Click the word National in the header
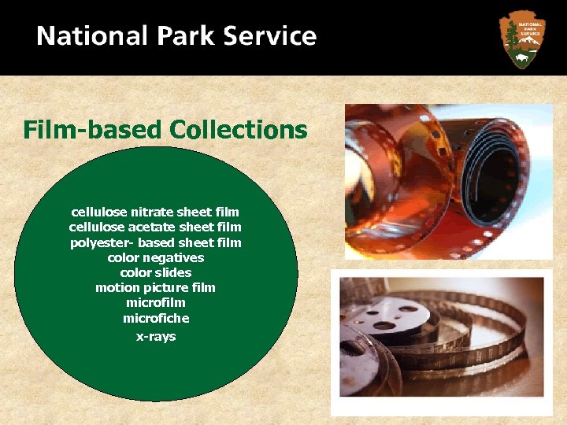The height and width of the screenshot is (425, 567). [92, 36]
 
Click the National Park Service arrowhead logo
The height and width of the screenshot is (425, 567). [522, 38]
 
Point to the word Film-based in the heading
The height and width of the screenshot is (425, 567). [92, 129]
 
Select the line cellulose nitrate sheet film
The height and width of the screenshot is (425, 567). [155, 212]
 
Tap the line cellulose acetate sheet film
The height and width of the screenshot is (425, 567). [155, 227]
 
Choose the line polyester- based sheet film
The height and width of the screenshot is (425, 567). [155, 242]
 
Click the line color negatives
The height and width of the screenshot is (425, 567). [155, 257]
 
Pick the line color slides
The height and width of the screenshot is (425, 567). [155, 272]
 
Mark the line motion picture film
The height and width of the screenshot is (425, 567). [155, 287]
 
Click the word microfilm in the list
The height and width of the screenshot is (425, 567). [155, 302]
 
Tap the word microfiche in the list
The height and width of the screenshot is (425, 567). [155, 318]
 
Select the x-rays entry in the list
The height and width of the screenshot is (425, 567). [155, 336]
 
